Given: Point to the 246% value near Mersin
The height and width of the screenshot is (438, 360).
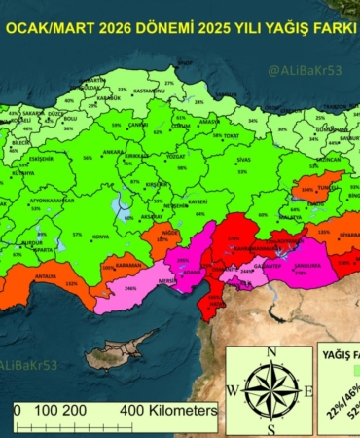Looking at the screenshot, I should [x=130, y=288].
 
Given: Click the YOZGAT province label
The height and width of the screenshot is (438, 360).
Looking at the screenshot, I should [x=175, y=157].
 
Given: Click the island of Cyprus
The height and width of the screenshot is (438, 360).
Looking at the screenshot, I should [x=119, y=348].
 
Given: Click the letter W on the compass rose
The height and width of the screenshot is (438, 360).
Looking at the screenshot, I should [x=234, y=390].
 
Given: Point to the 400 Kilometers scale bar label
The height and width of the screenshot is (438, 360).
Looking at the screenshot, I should [x=168, y=411].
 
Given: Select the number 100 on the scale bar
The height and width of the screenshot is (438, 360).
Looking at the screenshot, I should [x=46, y=411].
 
